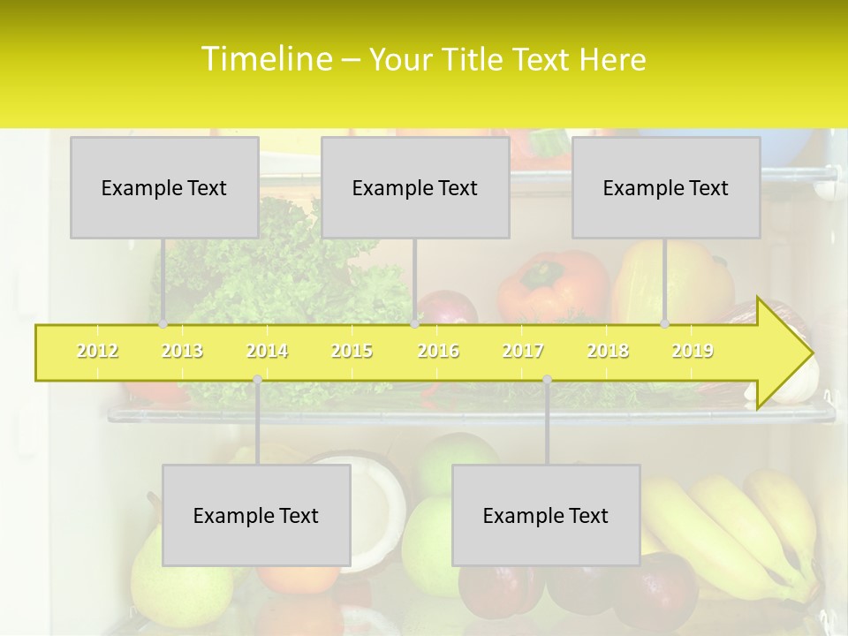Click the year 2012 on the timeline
[x=97, y=351]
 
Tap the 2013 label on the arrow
[x=182, y=351]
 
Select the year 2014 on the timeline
[x=267, y=351]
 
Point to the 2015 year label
[x=352, y=351]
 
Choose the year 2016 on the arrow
[x=438, y=351]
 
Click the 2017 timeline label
[x=523, y=351]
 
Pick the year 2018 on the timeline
[x=608, y=351]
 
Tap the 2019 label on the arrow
[x=693, y=351]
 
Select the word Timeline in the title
[x=266, y=59]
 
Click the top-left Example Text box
[x=164, y=187]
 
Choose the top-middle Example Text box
[x=415, y=187]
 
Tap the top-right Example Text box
[x=666, y=187]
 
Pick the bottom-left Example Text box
[x=256, y=515]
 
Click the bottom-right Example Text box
[x=546, y=515]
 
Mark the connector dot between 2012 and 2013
[x=163, y=324]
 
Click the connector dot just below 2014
[x=257, y=380]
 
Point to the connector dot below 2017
[x=547, y=380]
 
